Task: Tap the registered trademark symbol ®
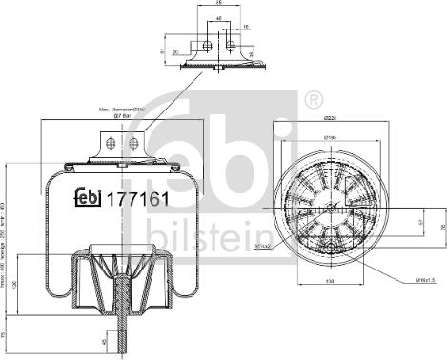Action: [x=311, y=98]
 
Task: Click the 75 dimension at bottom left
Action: [x=6, y=334]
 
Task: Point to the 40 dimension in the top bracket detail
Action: [x=218, y=17]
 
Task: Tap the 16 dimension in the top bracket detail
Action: [x=246, y=28]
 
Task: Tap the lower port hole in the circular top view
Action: [x=334, y=250]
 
